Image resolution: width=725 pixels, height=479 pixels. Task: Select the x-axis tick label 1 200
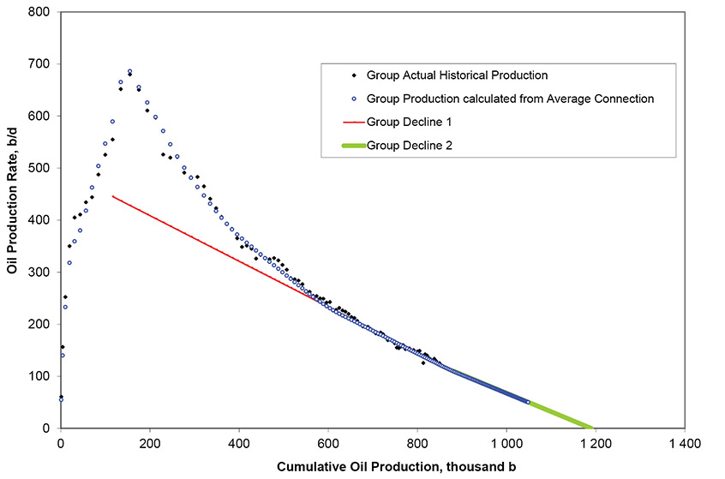[595, 444]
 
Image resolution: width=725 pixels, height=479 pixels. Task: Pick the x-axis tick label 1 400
[684, 444]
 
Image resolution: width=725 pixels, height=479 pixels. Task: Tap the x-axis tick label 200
[150, 444]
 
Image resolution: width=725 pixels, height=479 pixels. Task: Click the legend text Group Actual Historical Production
[456, 75]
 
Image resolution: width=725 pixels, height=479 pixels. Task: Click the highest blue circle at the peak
[129, 72]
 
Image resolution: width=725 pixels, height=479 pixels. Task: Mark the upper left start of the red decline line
[113, 196]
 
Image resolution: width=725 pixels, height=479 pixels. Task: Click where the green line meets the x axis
[592, 428]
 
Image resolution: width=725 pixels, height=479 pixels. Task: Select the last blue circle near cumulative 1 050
[528, 402]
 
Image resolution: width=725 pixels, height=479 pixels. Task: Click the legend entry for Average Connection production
[510, 99]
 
